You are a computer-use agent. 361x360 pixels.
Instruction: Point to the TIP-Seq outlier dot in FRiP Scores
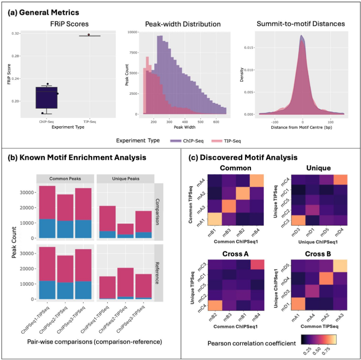89,35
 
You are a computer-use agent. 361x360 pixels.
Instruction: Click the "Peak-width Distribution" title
183,24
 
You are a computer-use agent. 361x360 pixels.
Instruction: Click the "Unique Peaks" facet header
125,179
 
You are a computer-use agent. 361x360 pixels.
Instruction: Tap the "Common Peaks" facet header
65,179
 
